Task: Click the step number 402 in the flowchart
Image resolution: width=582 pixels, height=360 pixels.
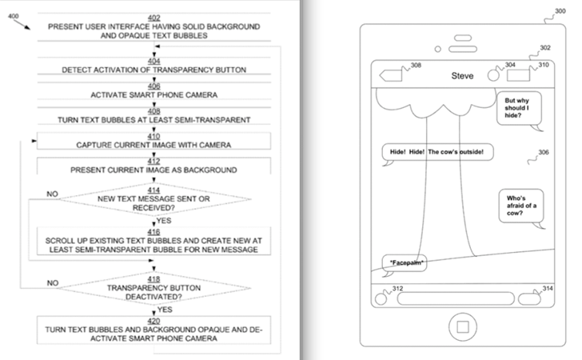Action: coord(154,18)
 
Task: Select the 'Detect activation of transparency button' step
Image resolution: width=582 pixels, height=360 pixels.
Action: coord(154,66)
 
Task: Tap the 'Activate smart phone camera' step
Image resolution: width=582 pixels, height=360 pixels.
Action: coord(154,90)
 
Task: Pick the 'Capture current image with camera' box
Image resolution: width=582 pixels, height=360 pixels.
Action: coord(154,141)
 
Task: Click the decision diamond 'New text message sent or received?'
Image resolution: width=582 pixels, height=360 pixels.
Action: coord(154,199)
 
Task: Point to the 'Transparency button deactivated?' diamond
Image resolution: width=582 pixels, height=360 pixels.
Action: coord(154,288)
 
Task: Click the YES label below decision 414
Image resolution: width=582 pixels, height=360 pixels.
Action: coord(164,221)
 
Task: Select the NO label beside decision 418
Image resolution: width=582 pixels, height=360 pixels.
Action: coord(53,282)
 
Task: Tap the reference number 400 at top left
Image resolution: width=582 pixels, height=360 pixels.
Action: coord(14,16)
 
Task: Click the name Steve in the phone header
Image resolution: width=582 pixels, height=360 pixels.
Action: coord(462,76)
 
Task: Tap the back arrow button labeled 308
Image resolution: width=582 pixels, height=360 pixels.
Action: coord(390,75)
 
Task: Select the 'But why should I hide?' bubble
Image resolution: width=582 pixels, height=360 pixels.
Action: coord(520,110)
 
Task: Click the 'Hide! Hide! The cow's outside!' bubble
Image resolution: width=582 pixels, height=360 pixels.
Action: coord(437,152)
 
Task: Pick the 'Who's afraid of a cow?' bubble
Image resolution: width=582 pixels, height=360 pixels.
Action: coord(521,206)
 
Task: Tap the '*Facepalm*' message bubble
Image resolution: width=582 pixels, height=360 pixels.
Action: coord(405,263)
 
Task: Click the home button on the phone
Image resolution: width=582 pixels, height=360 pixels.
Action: coord(462,327)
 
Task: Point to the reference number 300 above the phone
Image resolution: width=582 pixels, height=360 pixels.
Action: coord(560,11)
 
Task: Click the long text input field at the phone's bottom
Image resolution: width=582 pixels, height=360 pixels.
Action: coord(456,298)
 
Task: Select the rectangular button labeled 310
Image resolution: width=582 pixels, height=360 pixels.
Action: coord(518,75)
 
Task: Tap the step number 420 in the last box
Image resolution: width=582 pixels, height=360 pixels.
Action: coord(154,321)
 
